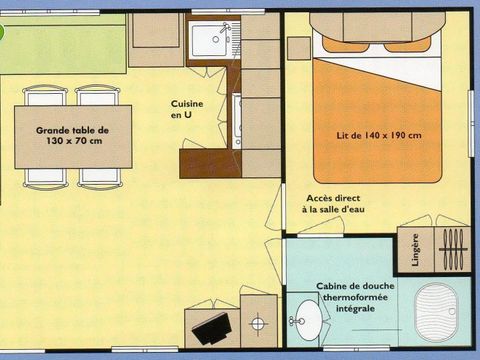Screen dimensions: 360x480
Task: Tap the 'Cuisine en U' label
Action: click(184, 109)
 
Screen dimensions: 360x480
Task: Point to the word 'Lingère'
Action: click(415, 251)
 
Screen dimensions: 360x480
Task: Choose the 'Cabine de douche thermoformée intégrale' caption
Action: click(355, 297)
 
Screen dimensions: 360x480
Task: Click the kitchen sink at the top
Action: click(211, 40)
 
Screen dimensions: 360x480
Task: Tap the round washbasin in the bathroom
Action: click(309, 321)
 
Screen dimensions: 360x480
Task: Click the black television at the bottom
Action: click(214, 327)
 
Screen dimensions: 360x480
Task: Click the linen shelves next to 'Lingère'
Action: click(453, 249)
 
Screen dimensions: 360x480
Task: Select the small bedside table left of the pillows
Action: click(298, 48)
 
